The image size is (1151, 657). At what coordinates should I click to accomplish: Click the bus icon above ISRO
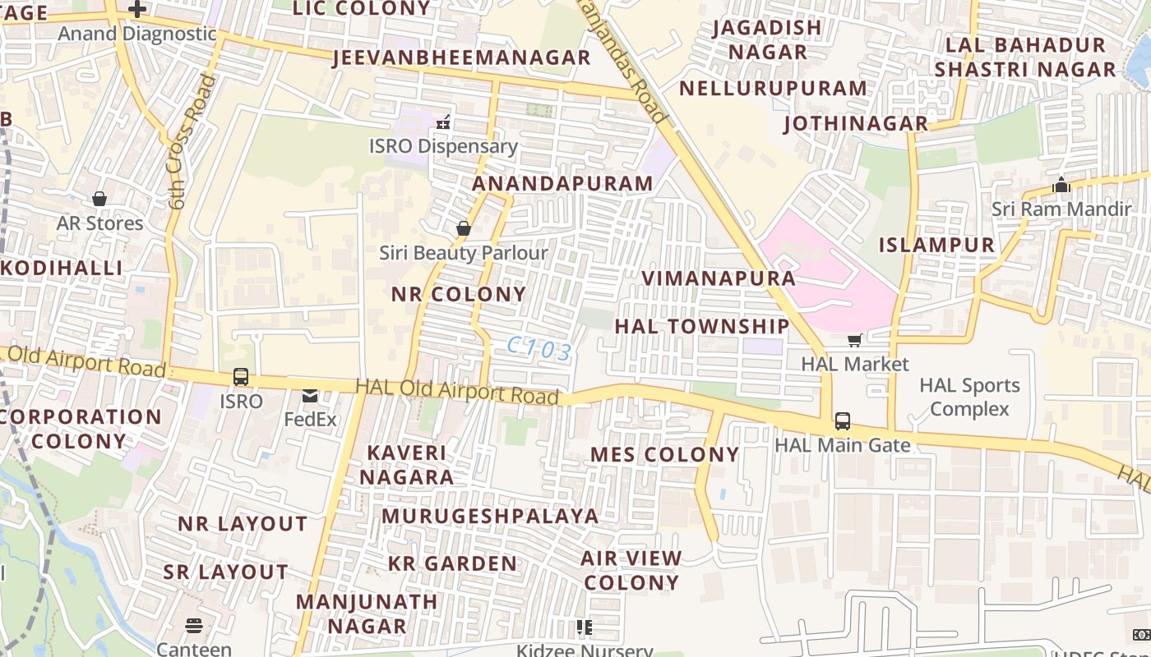click(241, 377)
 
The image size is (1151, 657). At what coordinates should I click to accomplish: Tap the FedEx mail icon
click(310, 397)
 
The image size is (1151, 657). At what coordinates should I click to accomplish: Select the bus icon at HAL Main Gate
click(843, 421)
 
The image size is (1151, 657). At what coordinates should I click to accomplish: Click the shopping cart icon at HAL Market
click(855, 339)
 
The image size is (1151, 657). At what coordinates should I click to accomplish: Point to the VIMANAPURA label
click(718, 278)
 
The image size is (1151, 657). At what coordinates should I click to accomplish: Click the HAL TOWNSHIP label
click(701, 326)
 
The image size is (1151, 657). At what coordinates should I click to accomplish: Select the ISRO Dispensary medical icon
click(444, 123)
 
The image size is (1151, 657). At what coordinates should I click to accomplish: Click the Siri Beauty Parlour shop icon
click(464, 228)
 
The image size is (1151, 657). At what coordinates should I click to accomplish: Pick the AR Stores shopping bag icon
click(99, 199)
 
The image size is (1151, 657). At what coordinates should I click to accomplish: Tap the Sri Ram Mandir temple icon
click(1061, 185)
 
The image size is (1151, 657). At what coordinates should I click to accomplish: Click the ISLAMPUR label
click(936, 245)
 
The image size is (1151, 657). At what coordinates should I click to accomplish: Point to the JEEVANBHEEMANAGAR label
click(461, 57)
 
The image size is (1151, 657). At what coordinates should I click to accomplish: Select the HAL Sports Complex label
click(969, 397)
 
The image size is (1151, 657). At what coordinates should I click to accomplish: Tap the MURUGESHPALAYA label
click(490, 516)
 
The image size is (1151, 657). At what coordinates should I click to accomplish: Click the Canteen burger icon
click(194, 626)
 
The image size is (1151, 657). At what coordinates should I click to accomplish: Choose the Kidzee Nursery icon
click(585, 628)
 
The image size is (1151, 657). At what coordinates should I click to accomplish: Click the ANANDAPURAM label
click(562, 184)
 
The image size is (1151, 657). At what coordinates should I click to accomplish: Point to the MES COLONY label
click(664, 454)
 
